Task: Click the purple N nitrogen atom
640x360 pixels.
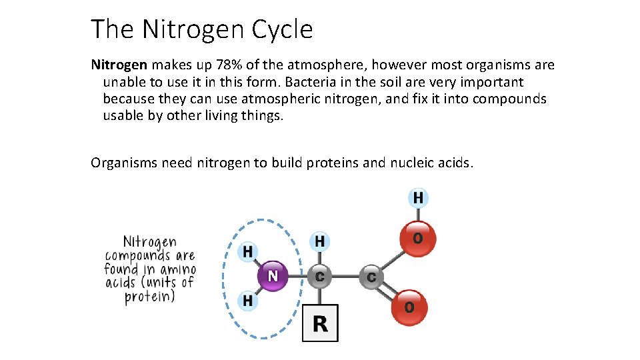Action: click(x=273, y=275)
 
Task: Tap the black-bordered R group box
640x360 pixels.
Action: click(x=320, y=323)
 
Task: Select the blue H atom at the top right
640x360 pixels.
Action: click(x=418, y=198)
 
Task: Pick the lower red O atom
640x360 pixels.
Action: click(x=409, y=307)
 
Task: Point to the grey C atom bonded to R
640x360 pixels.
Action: click(x=319, y=276)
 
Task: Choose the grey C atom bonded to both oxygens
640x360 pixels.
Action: click(x=371, y=276)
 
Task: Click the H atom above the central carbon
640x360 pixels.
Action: click(x=320, y=241)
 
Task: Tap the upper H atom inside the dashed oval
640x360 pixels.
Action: click(x=247, y=252)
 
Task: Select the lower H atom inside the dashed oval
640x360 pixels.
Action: click(x=247, y=301)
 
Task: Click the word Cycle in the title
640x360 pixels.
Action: click(x=282, y=29)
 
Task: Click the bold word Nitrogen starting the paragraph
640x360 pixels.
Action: click(x=119, y=65)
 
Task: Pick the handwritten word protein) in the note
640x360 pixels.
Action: click(x=149, y=297)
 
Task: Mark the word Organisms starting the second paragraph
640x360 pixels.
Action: click(x=124, y=163)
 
